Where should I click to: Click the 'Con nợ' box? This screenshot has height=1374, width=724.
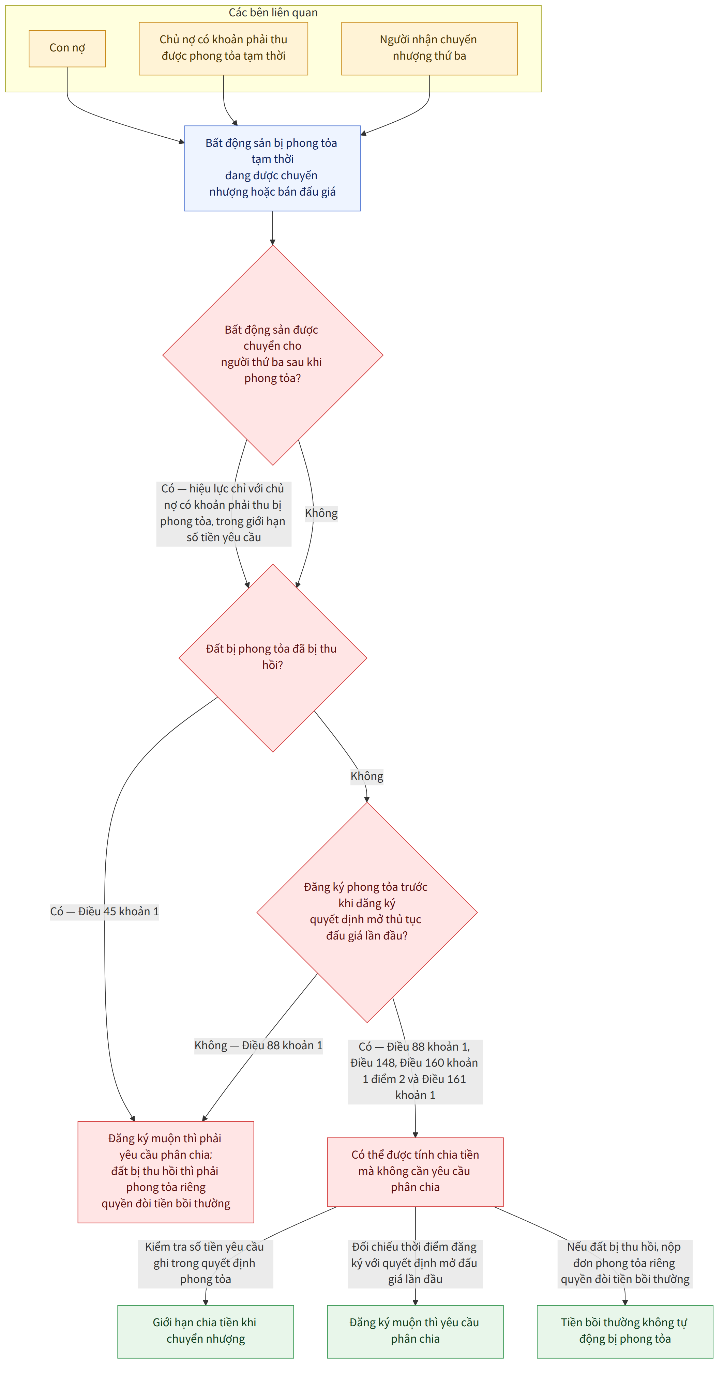[x=67, y=48]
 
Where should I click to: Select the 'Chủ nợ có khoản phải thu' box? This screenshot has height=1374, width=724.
[x=224, y=48]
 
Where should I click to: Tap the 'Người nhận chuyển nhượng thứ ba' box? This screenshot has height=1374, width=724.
[x=429, y=48]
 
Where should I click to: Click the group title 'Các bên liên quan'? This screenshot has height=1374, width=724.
[x=273, y=12]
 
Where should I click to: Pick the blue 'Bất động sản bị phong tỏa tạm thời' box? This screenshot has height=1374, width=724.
[x=273, y=168]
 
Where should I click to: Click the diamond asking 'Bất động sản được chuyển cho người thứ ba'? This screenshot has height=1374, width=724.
[x=273, y=355]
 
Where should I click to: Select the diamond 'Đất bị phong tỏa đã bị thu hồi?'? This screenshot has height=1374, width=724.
[x=273, y=658]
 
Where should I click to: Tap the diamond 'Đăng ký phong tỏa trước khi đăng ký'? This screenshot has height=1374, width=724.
[x=367, y=912]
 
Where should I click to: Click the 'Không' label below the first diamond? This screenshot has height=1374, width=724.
[x=321, y=513]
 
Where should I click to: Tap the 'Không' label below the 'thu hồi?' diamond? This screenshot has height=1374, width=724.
[x=367, y=776]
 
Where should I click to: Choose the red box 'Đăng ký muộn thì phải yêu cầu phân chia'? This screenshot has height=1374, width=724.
[x=166, y=1171]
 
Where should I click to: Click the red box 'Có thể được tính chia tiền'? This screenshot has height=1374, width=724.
[x=415, y=1171]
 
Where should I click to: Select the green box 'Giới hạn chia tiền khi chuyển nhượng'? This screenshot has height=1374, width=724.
[x=206, y=1331]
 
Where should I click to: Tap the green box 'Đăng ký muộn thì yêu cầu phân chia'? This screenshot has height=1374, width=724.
[x=415, y=1331]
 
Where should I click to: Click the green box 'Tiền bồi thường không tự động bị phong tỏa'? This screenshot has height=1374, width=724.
[x=625, y=1331]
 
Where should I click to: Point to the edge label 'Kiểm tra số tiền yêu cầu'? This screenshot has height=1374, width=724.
[x=206, y=1263]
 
